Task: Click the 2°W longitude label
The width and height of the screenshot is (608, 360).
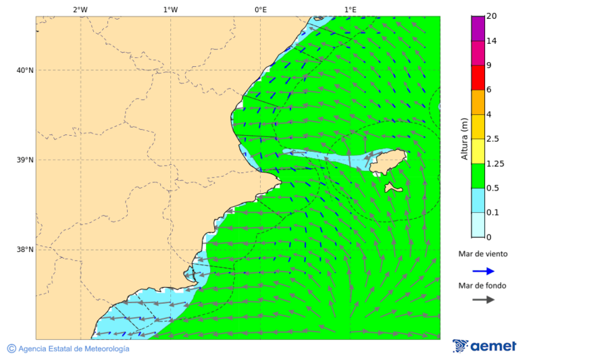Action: (x=80, y=9)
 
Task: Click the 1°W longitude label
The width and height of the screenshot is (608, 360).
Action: (x=170, y=9)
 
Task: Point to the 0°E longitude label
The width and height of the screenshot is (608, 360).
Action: (x=260, y=9)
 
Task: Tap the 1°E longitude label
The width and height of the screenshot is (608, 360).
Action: (x=350, y=9)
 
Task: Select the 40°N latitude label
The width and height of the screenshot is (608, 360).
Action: (x=24, y=70)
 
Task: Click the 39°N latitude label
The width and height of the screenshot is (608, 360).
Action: (x=24, y=160)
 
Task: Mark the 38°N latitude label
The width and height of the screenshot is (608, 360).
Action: (x=24, y=250)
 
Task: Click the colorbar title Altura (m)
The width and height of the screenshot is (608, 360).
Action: (x=464, y=138)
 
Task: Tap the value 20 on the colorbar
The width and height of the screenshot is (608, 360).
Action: (x=492, y=16)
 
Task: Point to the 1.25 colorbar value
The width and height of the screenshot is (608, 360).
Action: (x=495, y=163)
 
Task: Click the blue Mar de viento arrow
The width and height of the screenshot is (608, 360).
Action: (x=483, y=271)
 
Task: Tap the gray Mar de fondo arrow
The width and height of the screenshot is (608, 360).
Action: (x=483, y=300)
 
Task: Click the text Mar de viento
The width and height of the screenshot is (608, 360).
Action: (x=482, y=255)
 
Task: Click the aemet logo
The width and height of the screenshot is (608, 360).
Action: (x=484, y=346)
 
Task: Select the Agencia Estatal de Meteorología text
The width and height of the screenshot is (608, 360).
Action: (x=72, y=349)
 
